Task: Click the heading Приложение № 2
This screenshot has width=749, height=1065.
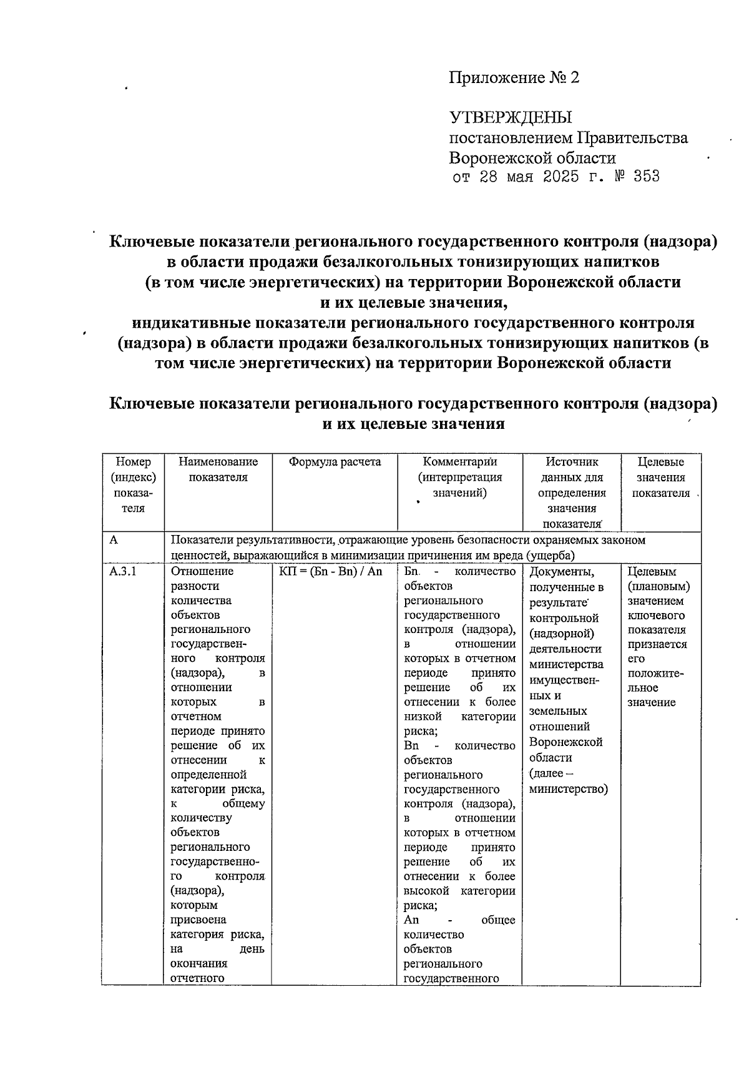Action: pyautogui.click(x=514, y=78)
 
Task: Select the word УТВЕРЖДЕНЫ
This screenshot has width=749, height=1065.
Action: pyautogui.click(x=511, y=117)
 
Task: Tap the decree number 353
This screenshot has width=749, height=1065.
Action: pyautogui.click(x=645, y=177)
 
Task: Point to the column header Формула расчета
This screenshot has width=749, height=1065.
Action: pyautogui.click(x=335, y=463)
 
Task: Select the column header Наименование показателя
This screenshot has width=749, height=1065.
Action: pyautogui.click(x=218, y=470)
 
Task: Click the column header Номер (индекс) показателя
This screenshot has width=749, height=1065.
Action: pyautogui.click(x=133, y=485)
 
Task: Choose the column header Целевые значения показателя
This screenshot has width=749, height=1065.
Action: pyautogui.click(x=661, y=478)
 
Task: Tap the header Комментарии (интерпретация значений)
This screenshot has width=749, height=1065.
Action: pyautogui.click(x=460, y=478)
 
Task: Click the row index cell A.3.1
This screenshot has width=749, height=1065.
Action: pyautogui.click(x=123, y=571)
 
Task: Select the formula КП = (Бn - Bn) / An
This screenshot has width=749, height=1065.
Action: pyautogui.click(x=331, y=571)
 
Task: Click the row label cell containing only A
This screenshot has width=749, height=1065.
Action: pyautogui.click(x=114, y=540)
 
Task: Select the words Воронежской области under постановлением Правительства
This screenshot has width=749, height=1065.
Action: pyautogui.click(x=532, y=158)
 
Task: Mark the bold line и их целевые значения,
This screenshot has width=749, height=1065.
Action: pyautogui.click(x=413, y=303)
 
